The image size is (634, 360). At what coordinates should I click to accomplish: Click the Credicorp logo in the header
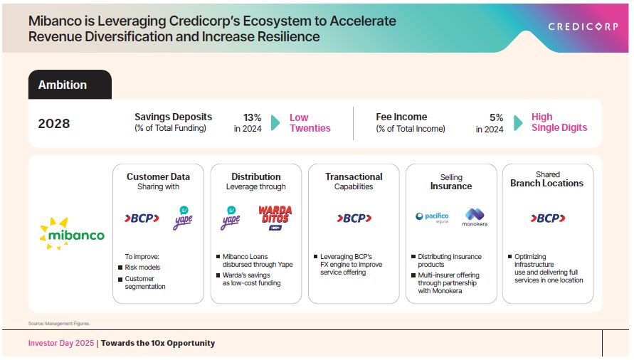583,27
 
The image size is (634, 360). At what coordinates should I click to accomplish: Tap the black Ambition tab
70,85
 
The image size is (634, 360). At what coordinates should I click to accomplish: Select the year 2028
54,123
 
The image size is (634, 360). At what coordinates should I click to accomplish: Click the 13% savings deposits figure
252,117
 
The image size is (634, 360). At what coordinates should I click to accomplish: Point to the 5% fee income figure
496,117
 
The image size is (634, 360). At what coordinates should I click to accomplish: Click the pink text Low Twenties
310,122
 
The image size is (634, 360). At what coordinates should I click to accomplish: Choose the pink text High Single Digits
559,122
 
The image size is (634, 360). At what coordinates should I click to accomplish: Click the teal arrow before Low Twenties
275,122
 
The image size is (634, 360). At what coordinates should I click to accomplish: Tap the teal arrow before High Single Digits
518,122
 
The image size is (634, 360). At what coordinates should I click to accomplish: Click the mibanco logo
72,233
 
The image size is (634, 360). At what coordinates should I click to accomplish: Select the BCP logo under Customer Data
142,218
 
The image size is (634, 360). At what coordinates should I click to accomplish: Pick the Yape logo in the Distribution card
231,218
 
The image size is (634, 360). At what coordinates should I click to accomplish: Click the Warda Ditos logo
275,218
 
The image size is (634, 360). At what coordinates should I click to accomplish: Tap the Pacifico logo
432,217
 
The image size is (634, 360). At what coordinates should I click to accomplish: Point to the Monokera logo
475,217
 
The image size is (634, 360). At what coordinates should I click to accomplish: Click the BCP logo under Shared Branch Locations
548,218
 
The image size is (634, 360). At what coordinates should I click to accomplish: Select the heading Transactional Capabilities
354,181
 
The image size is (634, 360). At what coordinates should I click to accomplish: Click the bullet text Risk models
142,268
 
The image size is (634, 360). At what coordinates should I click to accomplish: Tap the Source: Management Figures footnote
59,324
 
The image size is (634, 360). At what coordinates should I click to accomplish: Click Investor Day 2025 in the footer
61,343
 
